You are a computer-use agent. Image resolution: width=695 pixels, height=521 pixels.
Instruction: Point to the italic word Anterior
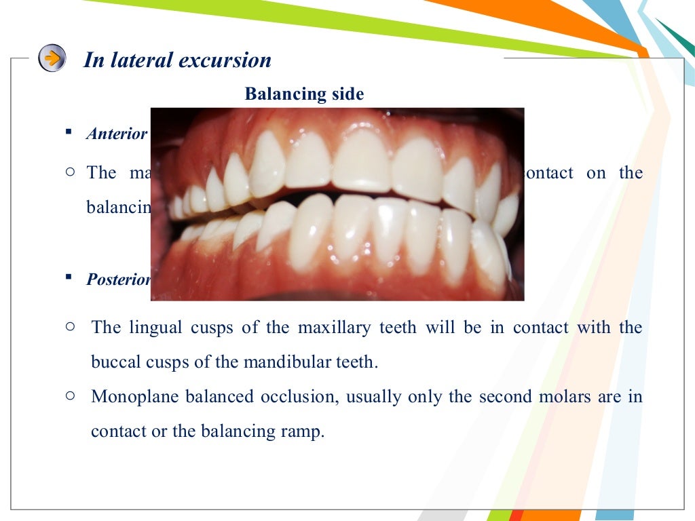tap(117, 134)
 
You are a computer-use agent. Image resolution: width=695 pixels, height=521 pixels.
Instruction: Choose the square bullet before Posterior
tap(69, 277)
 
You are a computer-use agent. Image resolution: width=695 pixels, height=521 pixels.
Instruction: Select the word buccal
tap(116, 362)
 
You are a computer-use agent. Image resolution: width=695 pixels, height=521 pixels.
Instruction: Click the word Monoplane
tap(131, 397)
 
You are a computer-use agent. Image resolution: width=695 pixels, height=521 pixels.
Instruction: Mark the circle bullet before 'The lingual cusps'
tap(70, 326)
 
